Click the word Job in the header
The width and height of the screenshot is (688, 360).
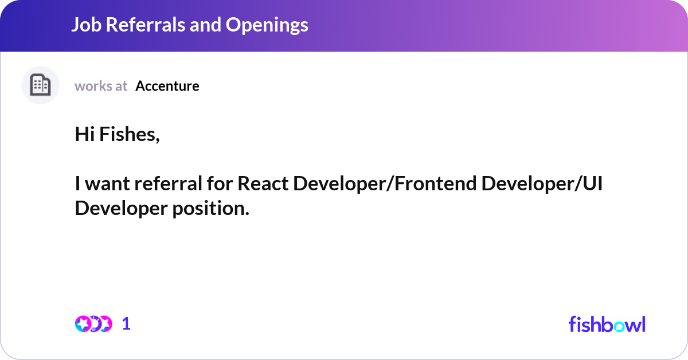(87, 25)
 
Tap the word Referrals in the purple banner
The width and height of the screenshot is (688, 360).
(145, 25)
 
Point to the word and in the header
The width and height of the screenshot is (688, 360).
(205, 25)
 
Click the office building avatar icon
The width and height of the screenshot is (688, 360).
(40, 85)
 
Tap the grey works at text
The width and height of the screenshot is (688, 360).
(101, 86)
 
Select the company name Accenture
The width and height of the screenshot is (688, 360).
(167, 86)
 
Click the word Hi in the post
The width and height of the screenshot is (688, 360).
(85, 134)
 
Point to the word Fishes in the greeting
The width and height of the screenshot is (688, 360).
(130, 135)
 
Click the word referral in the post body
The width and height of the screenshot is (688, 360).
(169, 183)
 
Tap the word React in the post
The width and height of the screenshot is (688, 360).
(263, 183)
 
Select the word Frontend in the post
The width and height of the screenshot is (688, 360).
(435, 183)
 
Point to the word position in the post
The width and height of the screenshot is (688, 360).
(211, 209)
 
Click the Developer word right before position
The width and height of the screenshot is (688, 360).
(121, 209)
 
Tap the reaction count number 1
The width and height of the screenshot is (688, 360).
(126, 324)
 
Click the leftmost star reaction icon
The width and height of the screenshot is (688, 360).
(83, 324)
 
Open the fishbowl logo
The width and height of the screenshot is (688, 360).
(607, 324)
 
